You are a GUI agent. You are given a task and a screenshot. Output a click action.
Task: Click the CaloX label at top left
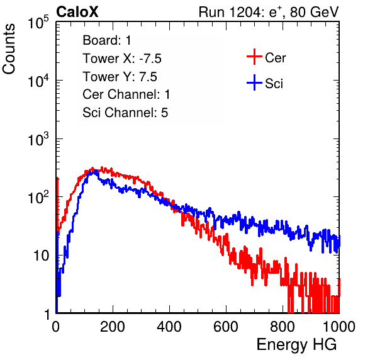[77, 12]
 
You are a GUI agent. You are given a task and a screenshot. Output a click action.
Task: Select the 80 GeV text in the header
[314, 12]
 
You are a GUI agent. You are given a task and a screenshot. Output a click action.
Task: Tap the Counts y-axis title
[9, 49]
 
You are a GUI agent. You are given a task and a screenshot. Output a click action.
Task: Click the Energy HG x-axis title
[296, 344]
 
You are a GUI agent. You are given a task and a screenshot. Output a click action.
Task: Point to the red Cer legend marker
[254, 57]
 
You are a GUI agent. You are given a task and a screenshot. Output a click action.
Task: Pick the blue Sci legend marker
[254, 82]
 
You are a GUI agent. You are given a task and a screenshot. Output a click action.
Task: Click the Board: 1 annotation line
[107, 40]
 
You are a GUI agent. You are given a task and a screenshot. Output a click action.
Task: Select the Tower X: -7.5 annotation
[122, 59]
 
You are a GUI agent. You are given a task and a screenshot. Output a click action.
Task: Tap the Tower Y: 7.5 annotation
[120, 77]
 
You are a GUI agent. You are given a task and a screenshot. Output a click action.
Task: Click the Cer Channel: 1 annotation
[126, 94]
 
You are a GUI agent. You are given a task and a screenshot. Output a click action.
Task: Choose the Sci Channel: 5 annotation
[125, 113]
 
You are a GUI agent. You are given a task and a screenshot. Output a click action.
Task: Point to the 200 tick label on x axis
[113, 327]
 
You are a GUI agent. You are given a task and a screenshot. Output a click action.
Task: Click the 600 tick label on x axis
[226, 327]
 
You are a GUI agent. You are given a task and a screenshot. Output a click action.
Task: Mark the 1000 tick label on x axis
[339, 327]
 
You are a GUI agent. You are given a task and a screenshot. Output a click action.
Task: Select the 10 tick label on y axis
[42, 256]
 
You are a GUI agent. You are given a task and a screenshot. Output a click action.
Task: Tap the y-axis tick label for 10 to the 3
[38, 139]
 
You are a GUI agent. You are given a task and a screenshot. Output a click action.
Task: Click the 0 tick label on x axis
[56, 327]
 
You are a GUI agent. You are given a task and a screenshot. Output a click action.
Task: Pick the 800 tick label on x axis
[283, 327]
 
